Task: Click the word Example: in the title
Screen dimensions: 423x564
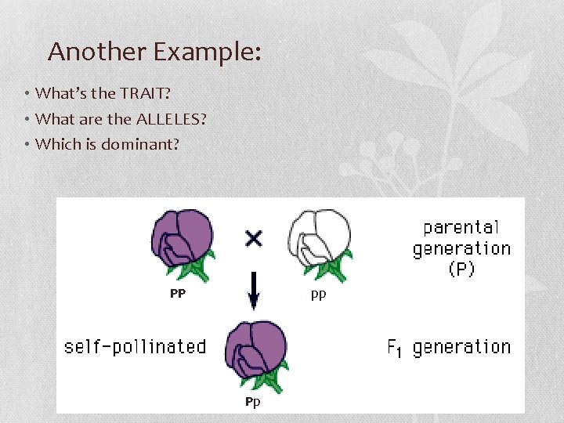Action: [x=207, y=52]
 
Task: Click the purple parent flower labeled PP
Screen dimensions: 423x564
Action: [x=183, y=237]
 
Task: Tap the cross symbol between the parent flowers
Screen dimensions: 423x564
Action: [x=253, y=237]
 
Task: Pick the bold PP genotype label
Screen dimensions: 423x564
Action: [x=178, y=294]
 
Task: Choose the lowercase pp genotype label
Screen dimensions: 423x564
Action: [x=318, y=295]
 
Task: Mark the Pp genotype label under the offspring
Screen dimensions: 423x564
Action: [x=251, y=402]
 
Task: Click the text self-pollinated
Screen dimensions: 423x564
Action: [x=135, y=346]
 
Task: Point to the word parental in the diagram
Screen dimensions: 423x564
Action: [x=461, y=227]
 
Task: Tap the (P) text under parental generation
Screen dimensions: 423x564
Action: [x=461, y=269]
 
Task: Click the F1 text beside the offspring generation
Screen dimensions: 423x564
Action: [x=396, y=347]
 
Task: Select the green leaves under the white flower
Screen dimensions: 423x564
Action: [x=336, y=269]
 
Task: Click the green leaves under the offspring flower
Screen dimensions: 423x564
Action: [x=269, y=381]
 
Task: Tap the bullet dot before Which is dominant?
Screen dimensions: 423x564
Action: [x=27, y=144]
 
